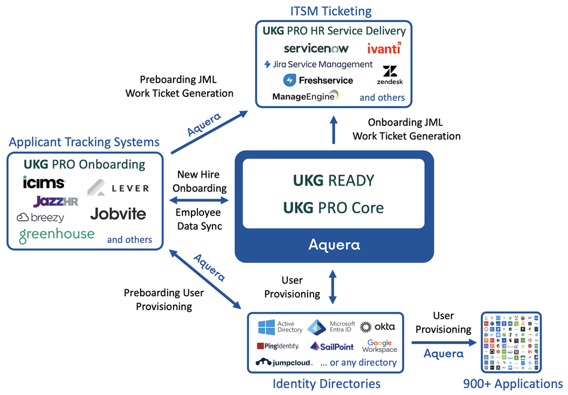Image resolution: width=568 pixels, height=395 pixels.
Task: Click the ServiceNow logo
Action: pos(315,48)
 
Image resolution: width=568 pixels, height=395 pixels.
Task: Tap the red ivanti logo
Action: pos(384,48)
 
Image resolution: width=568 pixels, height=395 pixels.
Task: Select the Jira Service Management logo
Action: pos(318,64)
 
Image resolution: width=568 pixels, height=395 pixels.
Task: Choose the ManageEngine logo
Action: pos(305,96)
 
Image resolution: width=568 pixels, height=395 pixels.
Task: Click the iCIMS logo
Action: pos(44,183)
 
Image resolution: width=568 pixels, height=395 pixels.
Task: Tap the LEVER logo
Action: pos(118,188)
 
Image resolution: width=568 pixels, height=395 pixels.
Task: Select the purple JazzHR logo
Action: pos(56,201)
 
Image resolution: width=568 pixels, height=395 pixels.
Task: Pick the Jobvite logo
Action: pos(118,214)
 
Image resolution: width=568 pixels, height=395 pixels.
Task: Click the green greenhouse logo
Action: pos(56,235)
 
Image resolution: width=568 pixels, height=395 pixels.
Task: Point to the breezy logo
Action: pos(40,218)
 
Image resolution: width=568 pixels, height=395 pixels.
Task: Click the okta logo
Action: pos(378,327)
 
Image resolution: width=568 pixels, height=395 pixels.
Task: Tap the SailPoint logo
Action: pos(332,347)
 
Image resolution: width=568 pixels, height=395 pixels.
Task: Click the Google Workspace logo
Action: pos(379,346)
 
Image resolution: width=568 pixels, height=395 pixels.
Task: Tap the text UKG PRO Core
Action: pos(333,208)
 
